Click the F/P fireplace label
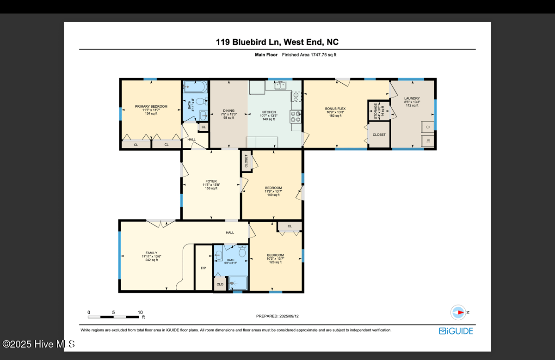point(203,268)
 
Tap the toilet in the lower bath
point(241,252)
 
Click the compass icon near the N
point(458,312)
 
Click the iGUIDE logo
point(456,331)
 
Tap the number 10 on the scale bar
point(140,312)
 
